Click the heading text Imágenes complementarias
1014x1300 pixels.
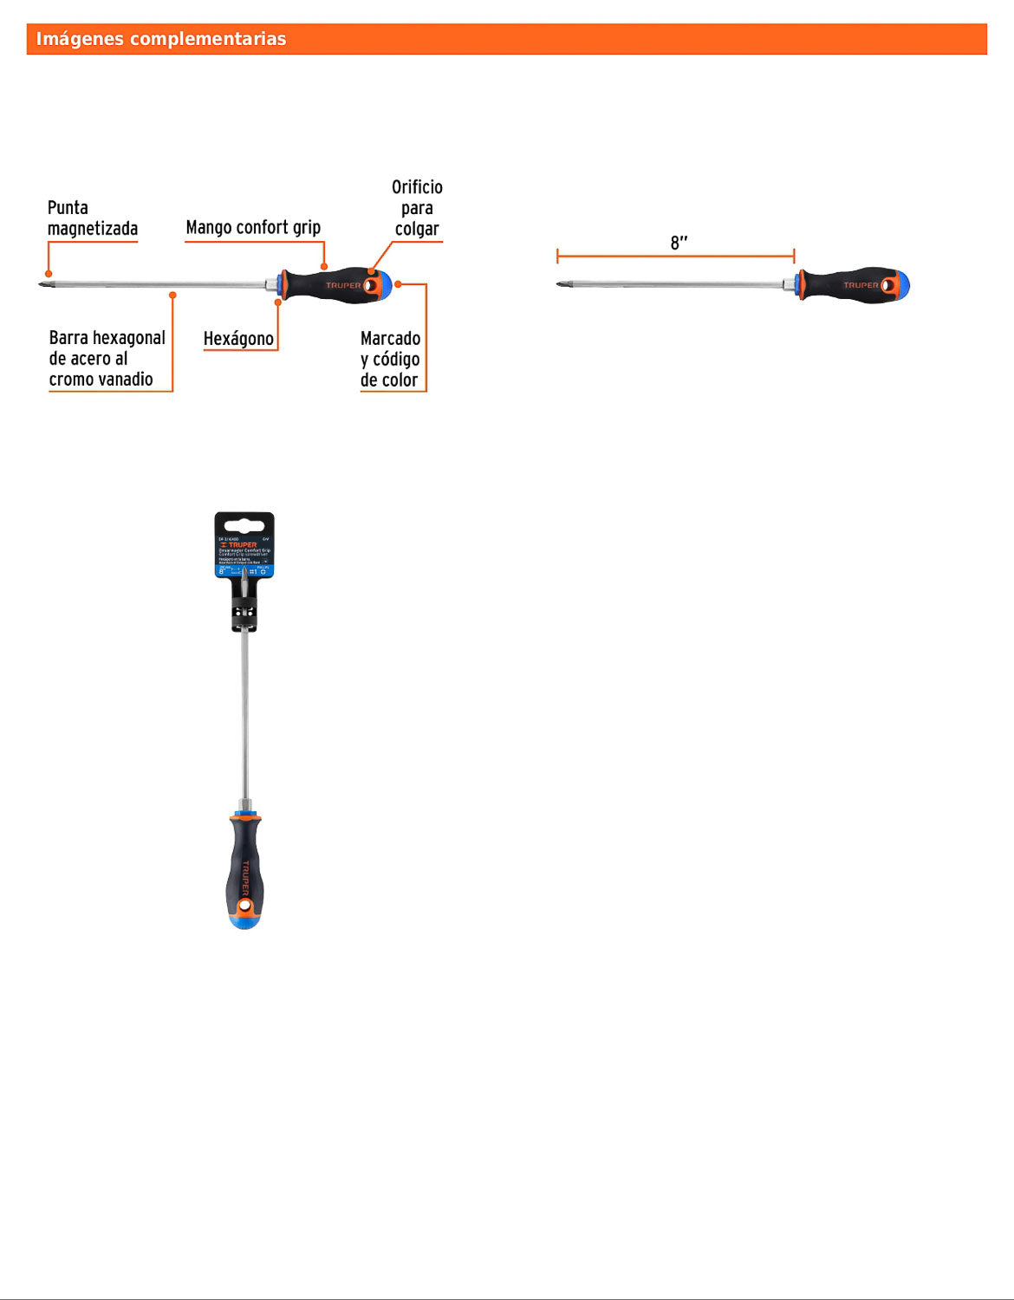tap(160, 39)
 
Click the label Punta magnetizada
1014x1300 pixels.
tap(92, 218)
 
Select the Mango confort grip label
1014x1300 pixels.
tap(253, 227)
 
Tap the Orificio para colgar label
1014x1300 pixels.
tap(417, 208)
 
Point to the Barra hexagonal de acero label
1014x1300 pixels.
tap(106, 359)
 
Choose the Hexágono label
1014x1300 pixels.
tap(238, 339)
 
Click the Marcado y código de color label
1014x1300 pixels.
tap(390, 359)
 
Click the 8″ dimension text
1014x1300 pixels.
tap(679, 243)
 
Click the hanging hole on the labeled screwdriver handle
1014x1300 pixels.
tap(370, 285)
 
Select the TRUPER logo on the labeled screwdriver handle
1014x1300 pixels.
tap(343, 285)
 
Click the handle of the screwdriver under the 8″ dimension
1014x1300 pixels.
tap(849, 285)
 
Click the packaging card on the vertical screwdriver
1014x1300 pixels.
tap(244, 546)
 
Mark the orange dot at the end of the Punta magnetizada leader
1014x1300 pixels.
tap(49, 274)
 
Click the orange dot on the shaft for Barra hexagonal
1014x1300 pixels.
tap(172, 296)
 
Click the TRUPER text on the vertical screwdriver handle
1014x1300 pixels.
tap(245, 876)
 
